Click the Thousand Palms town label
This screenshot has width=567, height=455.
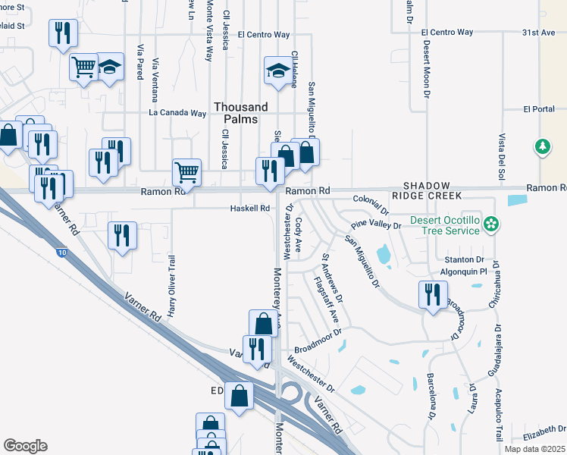click(x=240, y=113)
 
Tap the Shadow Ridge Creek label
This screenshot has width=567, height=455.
click(x=431, y=190)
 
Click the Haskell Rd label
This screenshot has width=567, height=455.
click(x=250, y=209)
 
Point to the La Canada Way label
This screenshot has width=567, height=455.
click(x=177, y=113)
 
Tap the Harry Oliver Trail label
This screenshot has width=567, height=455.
click(x=171, y=286)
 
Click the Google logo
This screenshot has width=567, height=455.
click(x=25, y=446)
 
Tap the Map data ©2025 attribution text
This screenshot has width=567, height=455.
click(x=534, y=449)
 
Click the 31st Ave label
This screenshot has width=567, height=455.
click(x=538, y=33)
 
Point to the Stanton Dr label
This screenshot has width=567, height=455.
click(x=465, y=259)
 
